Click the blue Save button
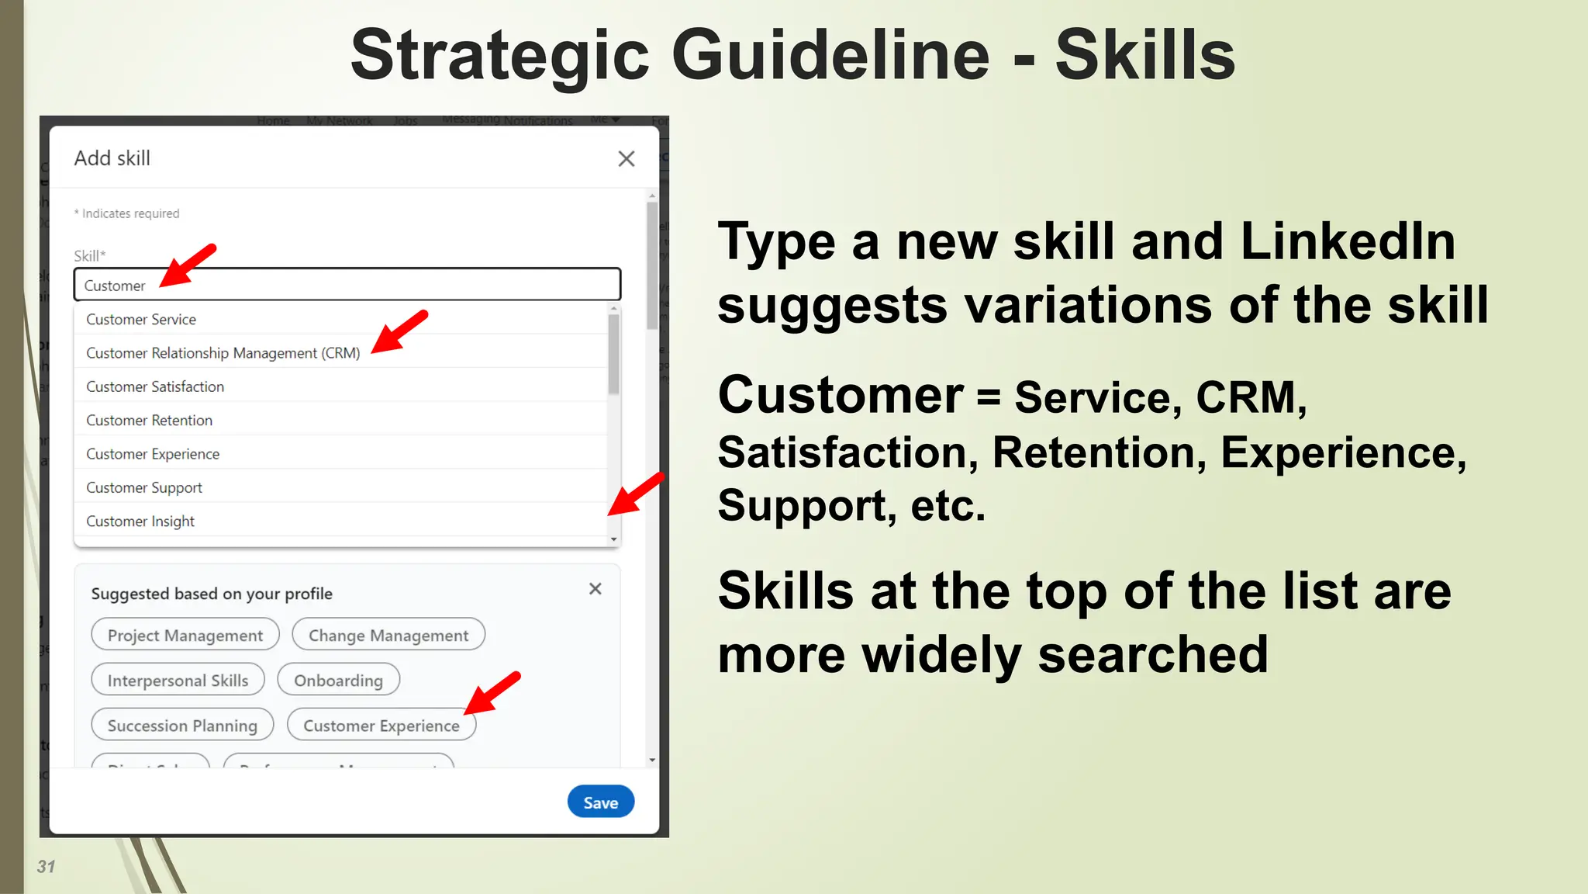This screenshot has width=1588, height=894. [x=600, y=802]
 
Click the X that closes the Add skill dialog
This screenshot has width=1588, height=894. [x=626, y=158]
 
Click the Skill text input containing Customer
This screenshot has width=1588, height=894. [x=347, y=285]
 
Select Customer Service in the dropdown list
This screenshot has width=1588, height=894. [x=141, y=319]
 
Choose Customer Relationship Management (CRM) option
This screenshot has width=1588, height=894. [x=223, y=353]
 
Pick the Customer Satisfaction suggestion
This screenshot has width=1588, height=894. [x=155, y=386]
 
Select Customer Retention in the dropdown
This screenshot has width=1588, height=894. [x=149, y=420]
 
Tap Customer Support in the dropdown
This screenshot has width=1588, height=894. [x=144, y=487]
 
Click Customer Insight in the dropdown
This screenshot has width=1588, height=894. [x=140, y=521]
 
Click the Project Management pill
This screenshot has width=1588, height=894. [x=185, y=635]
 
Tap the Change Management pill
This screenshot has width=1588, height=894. [x=388, y=635]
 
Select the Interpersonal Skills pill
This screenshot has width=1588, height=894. [x=178, y=680]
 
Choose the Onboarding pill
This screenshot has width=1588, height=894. [x=338, y=680]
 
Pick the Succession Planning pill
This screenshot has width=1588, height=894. [x=182, y=725]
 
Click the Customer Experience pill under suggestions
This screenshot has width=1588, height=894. [x=381, y=725]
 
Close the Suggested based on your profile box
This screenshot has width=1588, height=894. [x=595, y=589]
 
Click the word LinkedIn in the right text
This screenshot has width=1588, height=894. [x=1348, y=241]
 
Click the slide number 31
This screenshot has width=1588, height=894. [x=46, y=866]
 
